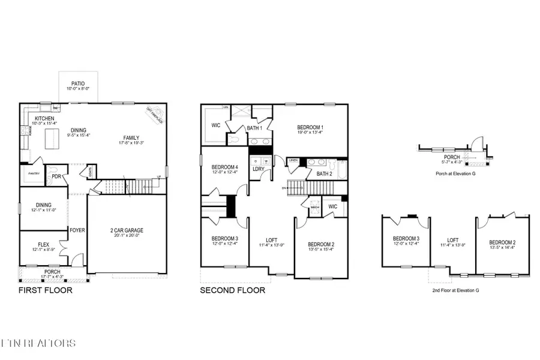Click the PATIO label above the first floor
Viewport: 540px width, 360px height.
click(x=78, y=84)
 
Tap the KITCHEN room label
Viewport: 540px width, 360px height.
click(x=45, y=118)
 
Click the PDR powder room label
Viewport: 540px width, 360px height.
click(x=56, y=177)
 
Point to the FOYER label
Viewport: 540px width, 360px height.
click(x=77, y=230)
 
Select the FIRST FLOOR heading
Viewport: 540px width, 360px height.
click(x=45, y=290)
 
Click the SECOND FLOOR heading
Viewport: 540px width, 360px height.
click(x=233, y=290)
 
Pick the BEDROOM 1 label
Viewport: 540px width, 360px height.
click(x=310, y=127)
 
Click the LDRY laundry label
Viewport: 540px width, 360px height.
click(x=259, y=169)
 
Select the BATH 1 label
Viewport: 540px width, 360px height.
click(x=253, y=128)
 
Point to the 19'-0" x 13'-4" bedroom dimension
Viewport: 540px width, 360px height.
click(x=310, y=133)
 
